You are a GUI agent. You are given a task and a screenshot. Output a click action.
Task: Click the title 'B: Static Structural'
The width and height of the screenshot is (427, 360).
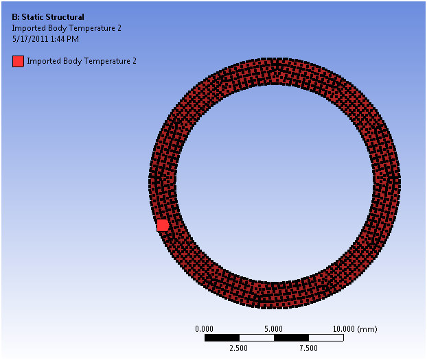point(48,17)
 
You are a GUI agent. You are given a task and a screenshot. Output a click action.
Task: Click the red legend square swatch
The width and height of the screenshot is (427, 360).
point(18,61)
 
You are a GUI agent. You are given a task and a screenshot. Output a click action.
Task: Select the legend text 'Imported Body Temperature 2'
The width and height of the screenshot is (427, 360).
point(82,61)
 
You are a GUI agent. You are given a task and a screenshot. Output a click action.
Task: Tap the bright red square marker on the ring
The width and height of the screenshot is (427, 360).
point(163,226)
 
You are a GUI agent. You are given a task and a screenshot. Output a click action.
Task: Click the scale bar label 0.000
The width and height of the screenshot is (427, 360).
point(205,329)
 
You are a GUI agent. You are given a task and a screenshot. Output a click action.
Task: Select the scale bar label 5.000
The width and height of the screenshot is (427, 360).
point(273,329)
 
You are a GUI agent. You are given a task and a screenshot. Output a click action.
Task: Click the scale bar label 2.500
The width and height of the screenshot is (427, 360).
point(238,348)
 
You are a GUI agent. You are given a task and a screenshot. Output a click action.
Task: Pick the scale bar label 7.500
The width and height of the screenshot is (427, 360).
point(308,348)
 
